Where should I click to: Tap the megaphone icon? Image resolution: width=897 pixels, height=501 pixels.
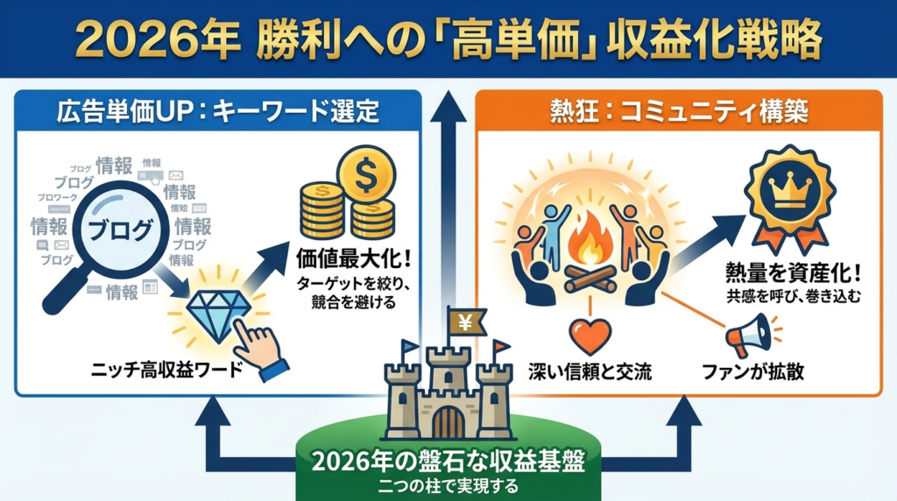click(x=750, y=335)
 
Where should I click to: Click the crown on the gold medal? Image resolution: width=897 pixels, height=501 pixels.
click(x=784, y=187)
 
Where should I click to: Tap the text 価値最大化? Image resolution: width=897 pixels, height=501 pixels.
click(x=347, y=260)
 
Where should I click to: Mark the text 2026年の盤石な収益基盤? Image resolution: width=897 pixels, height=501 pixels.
click(x=448, y=462)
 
